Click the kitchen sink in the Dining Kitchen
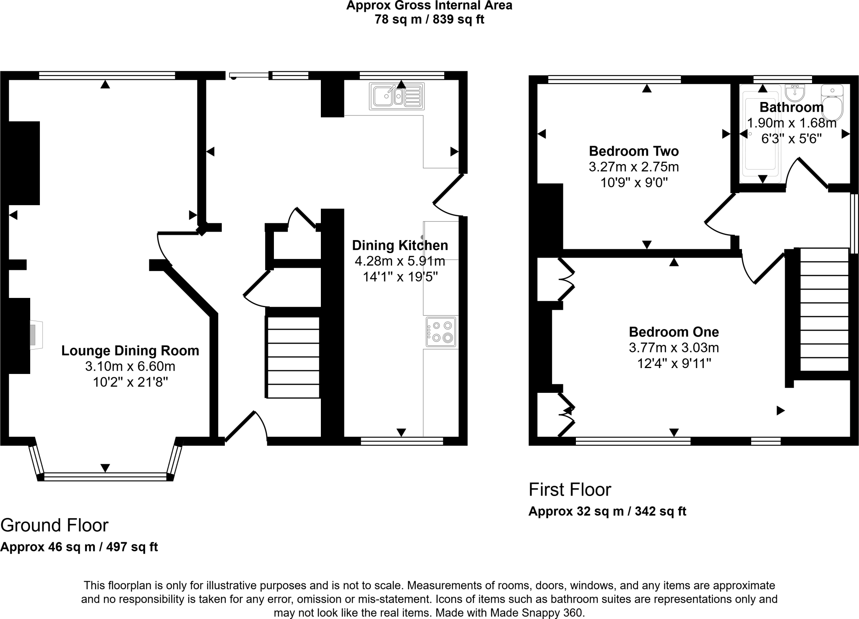(396, 96)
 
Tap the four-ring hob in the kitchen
(441, 332)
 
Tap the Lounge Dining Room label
(130, 351)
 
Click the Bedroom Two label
(634, 151)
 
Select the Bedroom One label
(674, 332)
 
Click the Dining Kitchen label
(400, 246)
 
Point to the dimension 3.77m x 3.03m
(674, 348)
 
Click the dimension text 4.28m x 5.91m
(400, 261)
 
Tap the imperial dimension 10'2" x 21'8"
(130, 382)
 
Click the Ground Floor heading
(55, 525)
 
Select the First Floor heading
(570, 490)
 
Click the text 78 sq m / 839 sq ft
(429, 20)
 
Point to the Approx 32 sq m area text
(607, 512)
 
